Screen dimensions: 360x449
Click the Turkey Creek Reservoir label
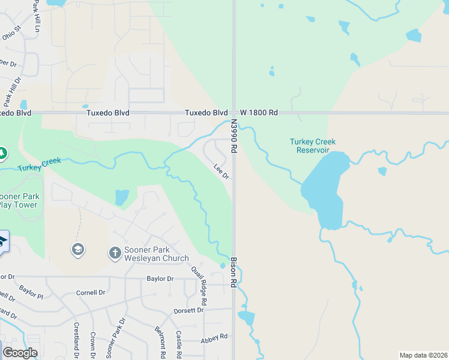point(312,146)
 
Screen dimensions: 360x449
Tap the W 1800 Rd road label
point(259,113)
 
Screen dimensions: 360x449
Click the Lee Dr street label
point(221,172)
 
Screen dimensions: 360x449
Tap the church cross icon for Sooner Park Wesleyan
point(115,253)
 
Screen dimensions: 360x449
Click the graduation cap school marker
point(77,249)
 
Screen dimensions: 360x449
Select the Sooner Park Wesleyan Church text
point(156,254)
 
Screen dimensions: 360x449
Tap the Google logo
point(20,353)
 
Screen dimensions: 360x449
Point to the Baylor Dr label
point(160,278)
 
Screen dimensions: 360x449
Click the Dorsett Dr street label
point(188,310)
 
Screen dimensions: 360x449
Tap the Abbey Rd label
point(215,337)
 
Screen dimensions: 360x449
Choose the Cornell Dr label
point(90,293)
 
